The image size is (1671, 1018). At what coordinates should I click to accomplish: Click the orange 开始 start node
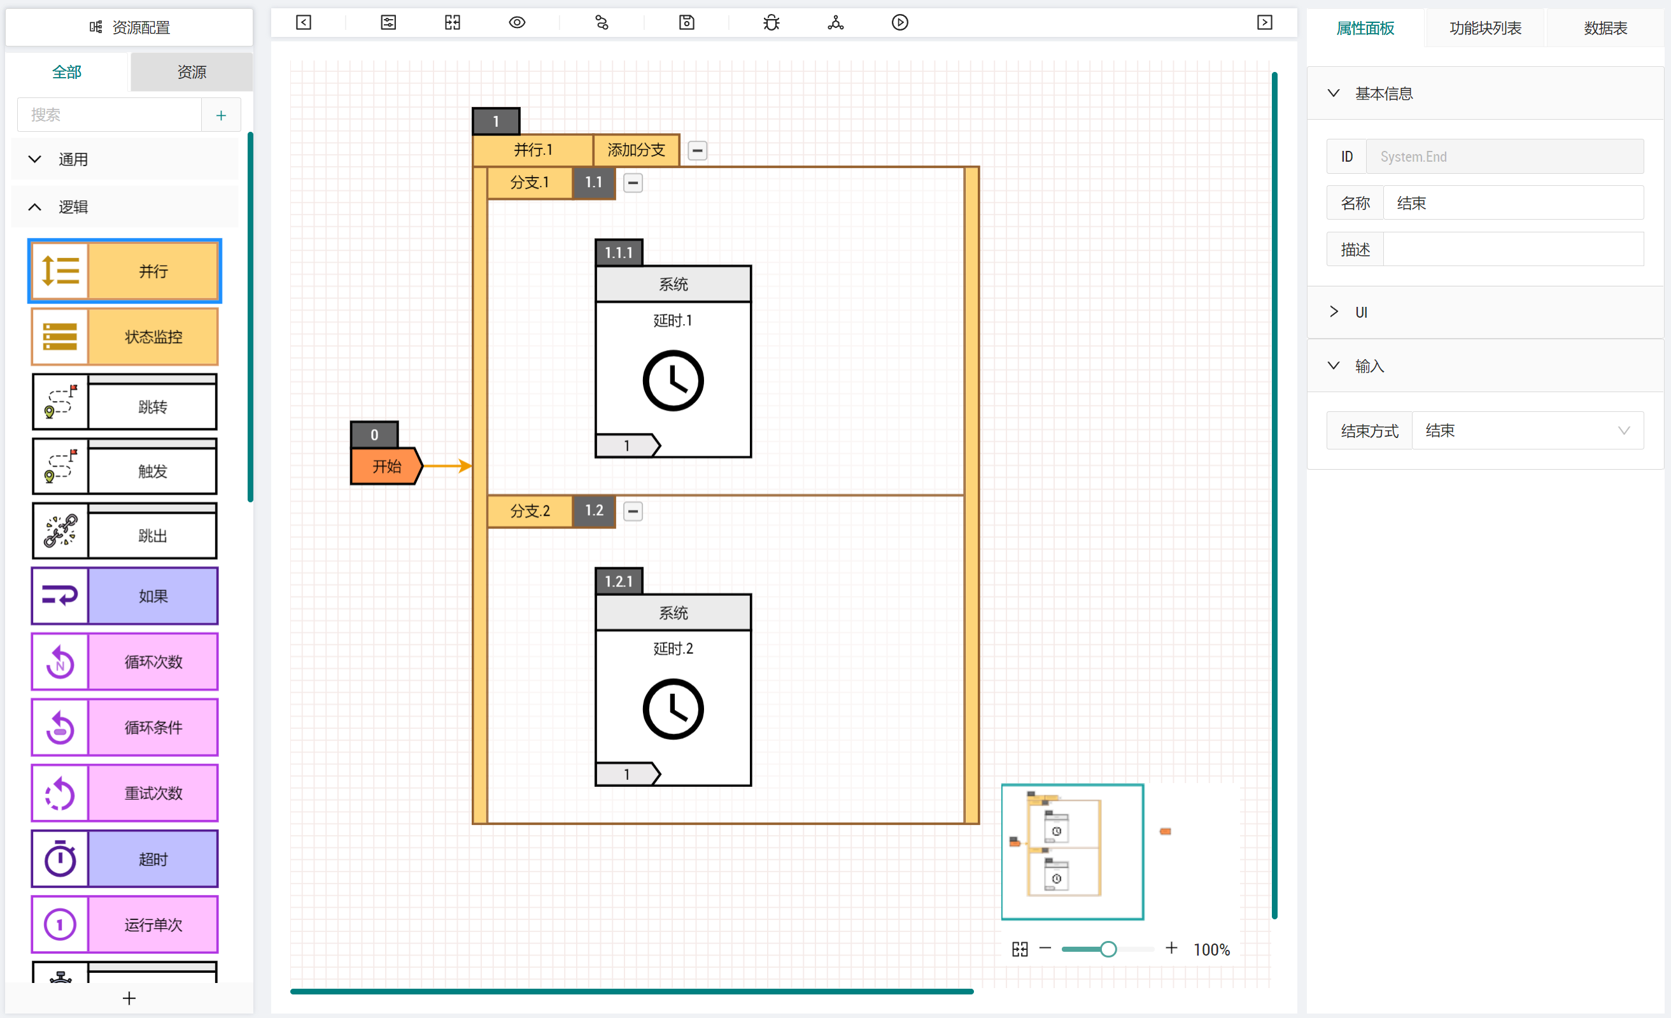(x=386, y=466)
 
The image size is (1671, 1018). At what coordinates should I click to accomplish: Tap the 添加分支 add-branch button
(x=636, y=150)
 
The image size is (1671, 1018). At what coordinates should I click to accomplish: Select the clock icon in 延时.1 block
(x=673, y=381)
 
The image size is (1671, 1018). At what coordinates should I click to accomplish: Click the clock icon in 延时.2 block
(x=673, y=709)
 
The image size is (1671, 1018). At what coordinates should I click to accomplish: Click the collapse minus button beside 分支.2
(x=633, y=511)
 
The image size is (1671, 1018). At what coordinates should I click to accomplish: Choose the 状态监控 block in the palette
(x=125, y=336)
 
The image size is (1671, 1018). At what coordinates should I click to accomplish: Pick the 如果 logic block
(x=125, y=595)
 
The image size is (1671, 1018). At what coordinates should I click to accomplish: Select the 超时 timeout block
(x=125, y=859)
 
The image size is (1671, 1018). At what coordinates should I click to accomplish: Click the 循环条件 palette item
(x=125, y=727)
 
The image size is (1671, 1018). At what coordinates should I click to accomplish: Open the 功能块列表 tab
(x=1485, y=28)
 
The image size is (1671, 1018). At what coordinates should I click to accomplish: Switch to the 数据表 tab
(x=1605, y=28)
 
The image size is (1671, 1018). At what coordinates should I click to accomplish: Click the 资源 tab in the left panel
(x=192, y=72)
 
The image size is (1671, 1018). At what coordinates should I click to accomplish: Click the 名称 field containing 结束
(x=1513, y=203)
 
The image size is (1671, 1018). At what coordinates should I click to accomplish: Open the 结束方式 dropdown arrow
(x=1623, y=430)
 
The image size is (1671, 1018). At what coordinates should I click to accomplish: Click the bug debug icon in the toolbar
(x=771, y=22)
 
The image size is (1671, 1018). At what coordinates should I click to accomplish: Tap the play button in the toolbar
(x=900, y=22)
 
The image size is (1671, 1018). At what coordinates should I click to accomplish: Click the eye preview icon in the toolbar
(x=517, y=22)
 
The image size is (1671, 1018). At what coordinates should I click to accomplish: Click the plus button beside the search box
(x=221, y=115)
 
